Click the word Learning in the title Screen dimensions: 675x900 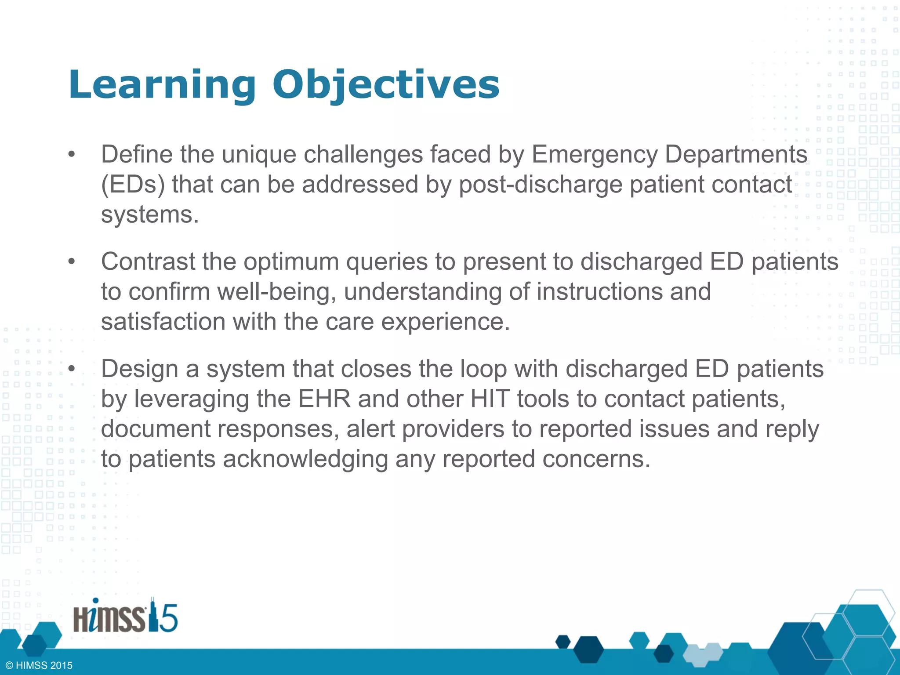[x=162, y=86]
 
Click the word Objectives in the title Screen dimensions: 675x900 [x=386, y=86]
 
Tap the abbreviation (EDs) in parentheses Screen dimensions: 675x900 [x=133, y=185]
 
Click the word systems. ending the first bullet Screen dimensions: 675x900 [x=150, y=215]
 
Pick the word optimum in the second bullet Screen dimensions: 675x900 [x=291, y=262]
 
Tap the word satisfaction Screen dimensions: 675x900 [x=163, y=322]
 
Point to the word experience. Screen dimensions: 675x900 [x=445, y=322]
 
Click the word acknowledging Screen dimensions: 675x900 [x=305, y=459]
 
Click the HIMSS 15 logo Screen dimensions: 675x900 [x=125, y=617]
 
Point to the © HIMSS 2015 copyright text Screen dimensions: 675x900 [x=39, y=665]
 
